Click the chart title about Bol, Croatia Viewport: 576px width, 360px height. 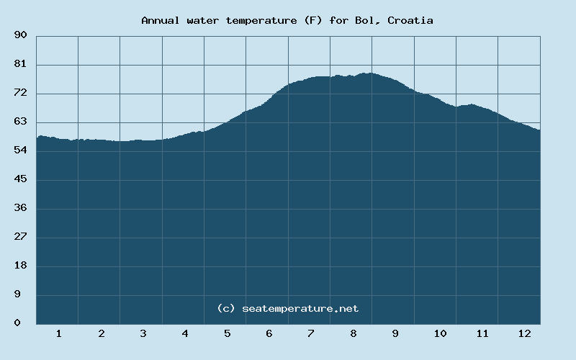(x=287, y=20)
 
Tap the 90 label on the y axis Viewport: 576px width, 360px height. (x=20, y=35)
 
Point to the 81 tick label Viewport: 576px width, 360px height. (x=20, y=64)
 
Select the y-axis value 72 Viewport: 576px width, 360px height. (x=20, y=93)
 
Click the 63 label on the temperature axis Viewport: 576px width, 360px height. (x=20, y=122)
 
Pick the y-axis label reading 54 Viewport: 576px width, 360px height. (x=20, y=150)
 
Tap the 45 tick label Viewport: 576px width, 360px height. (x=20, y=179)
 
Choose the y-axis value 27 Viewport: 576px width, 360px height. (x=20, y=237)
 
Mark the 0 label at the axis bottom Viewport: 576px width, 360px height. (x=17, y=323)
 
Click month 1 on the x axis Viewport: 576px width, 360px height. (x=58, y=333)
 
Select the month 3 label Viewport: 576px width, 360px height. (x=143, y=333)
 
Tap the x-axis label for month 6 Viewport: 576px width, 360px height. (x=269, y=333)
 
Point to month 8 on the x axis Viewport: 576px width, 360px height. (x=354, y=333)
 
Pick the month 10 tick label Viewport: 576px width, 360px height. (x=440, y=333)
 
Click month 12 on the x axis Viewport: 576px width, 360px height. (x=524, y=333)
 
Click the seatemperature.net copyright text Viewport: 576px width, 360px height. (x=287, y=308)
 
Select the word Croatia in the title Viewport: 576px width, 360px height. (x=410, y=20)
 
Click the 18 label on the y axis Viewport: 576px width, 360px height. (x=20, y=266)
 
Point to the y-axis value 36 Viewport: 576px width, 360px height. (x=20, y=208)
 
